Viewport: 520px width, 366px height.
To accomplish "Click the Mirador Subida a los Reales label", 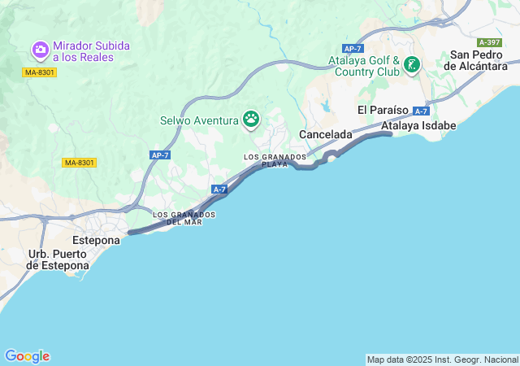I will [x=91, y=51].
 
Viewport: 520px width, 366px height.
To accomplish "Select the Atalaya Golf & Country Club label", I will [x=365, y=66].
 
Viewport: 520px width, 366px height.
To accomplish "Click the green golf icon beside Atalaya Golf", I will [x=412, y=64].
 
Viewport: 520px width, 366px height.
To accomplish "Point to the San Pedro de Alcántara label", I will [x=479, y=60].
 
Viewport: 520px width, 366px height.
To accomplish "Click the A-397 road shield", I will [x=490, y=42].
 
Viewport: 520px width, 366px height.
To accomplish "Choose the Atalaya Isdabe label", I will [x=419, y=126].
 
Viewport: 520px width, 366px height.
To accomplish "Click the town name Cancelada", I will [x=326, y=133].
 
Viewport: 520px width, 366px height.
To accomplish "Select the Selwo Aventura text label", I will [x=199, y=121].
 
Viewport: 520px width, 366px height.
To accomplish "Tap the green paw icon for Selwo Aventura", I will [x=251, y=120].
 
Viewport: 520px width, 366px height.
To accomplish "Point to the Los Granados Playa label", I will [x=275, y=159].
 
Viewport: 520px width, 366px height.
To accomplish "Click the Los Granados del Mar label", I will [x=184, y=218].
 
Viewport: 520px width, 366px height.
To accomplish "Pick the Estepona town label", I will [x=97, y=241].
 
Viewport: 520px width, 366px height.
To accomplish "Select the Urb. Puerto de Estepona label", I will [x=58, y=259].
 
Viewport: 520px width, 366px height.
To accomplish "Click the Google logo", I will [x=27, y=356].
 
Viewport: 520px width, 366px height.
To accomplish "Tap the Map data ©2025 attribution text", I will [x=442, y=359].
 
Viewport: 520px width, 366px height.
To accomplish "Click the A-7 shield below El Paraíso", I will [x=421, y=111].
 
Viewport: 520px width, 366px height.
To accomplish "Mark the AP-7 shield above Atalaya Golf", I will [x=353, y=49].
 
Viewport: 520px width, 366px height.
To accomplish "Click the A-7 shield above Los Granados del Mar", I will [x=219, y=190].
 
